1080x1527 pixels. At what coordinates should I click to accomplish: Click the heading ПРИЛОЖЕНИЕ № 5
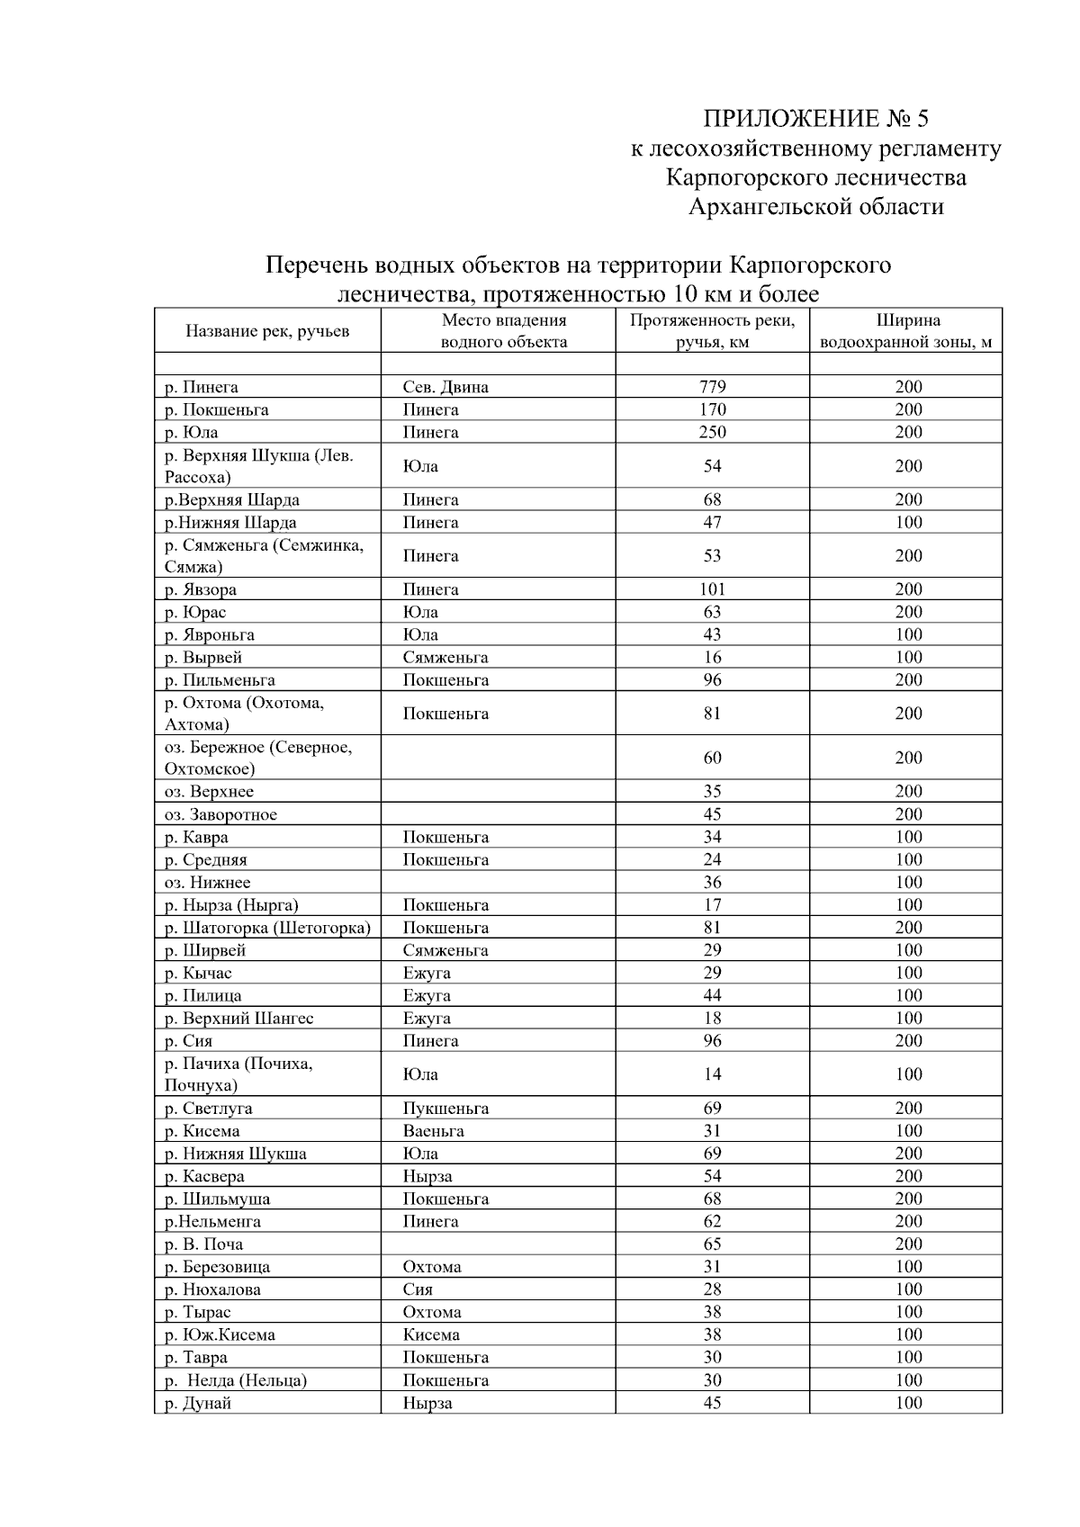(814, 119)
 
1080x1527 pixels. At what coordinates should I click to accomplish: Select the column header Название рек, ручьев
(267, 331)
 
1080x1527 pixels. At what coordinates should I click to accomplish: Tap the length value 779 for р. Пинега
(712, 387)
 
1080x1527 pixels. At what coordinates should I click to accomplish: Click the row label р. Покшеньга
(216, 409)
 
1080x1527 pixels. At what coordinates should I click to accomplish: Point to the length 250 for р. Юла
(712, 432)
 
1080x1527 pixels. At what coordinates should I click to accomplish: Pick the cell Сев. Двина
(445, 387)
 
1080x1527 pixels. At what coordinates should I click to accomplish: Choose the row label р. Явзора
(201, 589)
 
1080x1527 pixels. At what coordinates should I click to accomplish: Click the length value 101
(712, 589)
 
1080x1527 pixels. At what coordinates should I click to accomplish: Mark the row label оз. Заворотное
(220, 814)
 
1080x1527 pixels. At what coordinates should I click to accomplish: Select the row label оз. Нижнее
(207, 883)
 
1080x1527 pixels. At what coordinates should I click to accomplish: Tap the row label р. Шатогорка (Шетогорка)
(267, 928)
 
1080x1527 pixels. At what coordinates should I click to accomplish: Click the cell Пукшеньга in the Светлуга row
(445, 1109)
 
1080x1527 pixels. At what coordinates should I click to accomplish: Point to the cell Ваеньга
(433, 1131)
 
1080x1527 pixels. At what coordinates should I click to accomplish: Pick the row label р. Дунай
(198, 1403)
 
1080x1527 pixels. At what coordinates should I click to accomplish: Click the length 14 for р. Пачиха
(712, 1074)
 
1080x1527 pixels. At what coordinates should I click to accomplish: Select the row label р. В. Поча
(203, 1244)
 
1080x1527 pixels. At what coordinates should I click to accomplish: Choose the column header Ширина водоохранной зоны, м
(908, 331)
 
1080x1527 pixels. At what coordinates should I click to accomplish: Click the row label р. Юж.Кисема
(220, 1334)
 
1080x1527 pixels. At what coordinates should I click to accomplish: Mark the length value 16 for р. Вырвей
(712, 657)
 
